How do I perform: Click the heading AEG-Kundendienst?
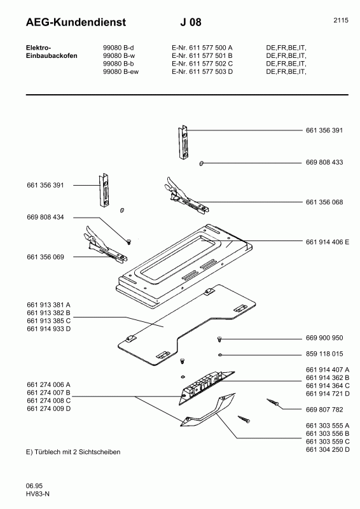pyautogui.click(x=76, y=22)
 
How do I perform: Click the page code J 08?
pyautogui.click(x=191, y=22)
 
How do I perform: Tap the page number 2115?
pyautogui.click(x=341, y=20)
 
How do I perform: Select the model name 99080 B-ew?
pyautogui.click(x=121, y=71)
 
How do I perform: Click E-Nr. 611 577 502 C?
pyautogui.click(x=202, y=64)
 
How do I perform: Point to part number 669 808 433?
pyautogui.click(x=324, y=162)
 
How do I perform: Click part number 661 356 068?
pyautogui.click(x=324, y=202)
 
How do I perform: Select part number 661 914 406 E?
pyautogui.click(x=328, y=242)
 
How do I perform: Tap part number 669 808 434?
pyautogui.click(x=45, y=217)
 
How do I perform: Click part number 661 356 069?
pyautogui.click(x=45, y=257)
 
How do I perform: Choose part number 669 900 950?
pyautogui.click(x=324, y=338)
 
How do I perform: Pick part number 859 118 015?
pyautogui.click(x=324, y=354)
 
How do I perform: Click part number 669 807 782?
pyautogui.click(x=324, y=410)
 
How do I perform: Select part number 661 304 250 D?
pyautogui.click(x=328, y=450)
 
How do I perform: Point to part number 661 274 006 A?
pyautogui.click(x=49, y=385)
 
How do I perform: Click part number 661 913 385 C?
pyautogui.click(x=49, y=321)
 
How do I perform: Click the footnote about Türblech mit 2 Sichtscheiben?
pyautogui.click(x=73, y=452)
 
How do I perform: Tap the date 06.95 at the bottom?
pyautogui.click(x=34, y=486)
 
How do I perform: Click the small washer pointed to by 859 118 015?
pyautogui.click(x=220, y=355)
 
